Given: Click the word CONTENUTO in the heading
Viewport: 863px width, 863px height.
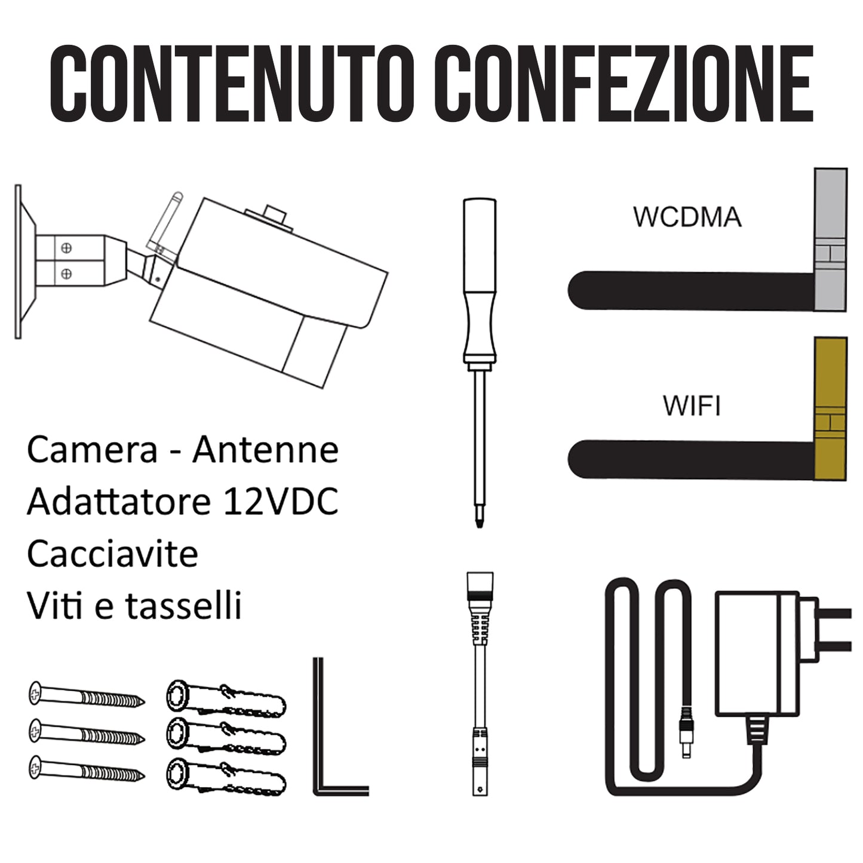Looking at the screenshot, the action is [231, 83].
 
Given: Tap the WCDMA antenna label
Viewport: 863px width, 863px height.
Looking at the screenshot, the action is [687, 217].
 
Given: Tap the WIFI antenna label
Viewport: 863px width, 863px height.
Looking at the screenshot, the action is [692, 406].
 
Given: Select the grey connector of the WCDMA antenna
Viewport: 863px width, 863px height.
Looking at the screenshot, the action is [830, 239].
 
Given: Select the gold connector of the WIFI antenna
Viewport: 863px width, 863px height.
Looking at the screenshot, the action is [830, 409].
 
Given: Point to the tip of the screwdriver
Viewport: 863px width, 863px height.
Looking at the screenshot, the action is [480, 527].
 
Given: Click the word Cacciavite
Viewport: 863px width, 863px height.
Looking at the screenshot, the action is [112, 554].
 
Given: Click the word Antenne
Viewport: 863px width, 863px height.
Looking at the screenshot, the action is [266, 450].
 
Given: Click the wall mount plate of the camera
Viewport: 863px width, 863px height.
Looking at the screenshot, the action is [19, 262].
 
